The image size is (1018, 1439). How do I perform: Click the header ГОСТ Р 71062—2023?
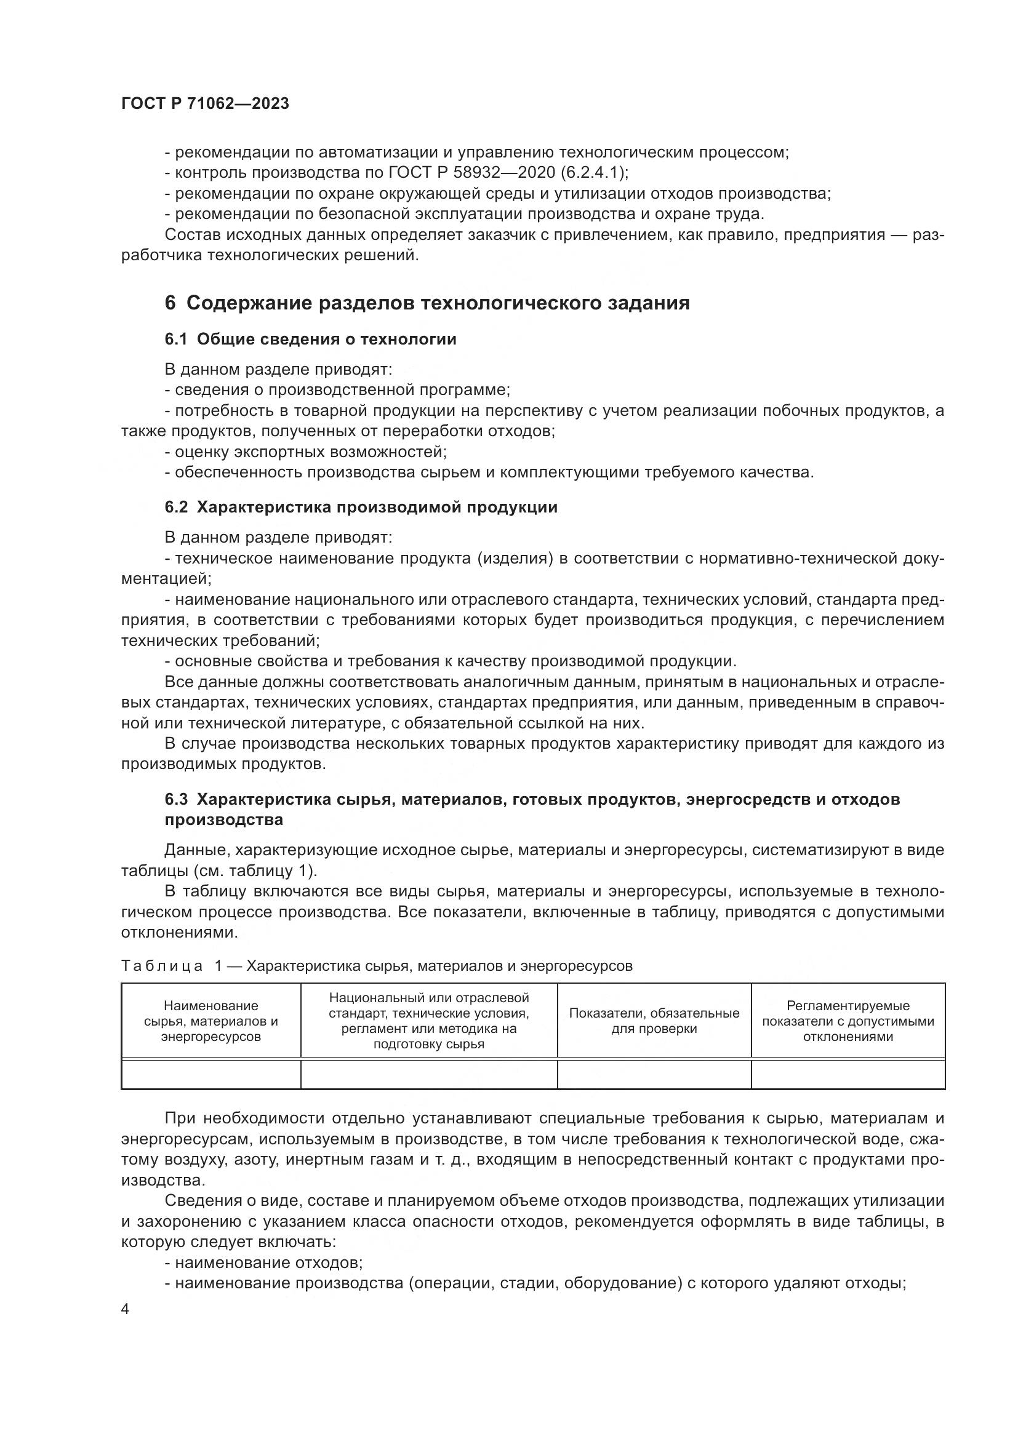[205, 104]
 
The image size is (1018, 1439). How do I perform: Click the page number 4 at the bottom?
[125, 1310]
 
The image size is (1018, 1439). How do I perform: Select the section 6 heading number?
[170, 303]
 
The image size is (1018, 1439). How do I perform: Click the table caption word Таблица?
[162, 966]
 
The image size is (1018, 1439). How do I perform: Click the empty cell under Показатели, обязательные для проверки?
[654, 1074]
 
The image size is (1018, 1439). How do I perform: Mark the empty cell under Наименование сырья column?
[210, 1074]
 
